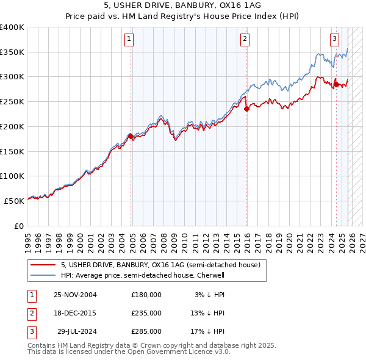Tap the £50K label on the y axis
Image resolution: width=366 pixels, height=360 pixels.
tap(15, 201)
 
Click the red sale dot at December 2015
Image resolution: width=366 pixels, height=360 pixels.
tap(246, 109)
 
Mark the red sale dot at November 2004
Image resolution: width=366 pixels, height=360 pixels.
tap(131, 136)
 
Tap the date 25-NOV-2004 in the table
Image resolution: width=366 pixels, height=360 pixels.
tap(75, 295)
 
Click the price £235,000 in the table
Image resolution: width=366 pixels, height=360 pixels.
tap(146, 313)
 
